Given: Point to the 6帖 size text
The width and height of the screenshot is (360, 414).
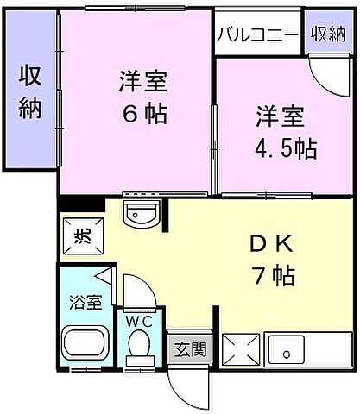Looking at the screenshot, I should pos(143,112).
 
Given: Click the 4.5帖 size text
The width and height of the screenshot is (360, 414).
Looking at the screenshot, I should pos(285,147).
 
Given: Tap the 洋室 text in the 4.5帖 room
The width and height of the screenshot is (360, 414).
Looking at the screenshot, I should pos(278,115).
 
